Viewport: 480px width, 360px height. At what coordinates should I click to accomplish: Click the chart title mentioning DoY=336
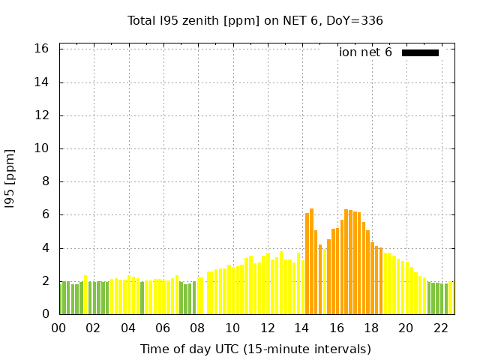point(255,20)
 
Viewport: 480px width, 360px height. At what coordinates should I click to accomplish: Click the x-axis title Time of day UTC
point(255,349)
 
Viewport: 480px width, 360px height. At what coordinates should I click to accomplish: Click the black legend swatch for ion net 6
point(420,52)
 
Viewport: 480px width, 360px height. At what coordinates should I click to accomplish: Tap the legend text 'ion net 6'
point(365,52)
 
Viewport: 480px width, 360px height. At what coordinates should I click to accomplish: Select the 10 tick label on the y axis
point(42,148)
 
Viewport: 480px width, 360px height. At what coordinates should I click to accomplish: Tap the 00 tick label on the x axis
point(59,328)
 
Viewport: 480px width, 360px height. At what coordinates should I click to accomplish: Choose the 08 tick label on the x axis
point(198,328)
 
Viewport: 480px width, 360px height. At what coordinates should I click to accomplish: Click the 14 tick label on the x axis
point(301,328)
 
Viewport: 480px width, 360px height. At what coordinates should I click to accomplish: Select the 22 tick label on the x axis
point(440,328)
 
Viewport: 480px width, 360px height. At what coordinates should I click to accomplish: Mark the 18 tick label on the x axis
point(371,328)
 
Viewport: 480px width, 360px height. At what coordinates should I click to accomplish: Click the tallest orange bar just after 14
point(311,262)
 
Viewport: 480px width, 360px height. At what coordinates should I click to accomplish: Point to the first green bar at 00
point(61,298)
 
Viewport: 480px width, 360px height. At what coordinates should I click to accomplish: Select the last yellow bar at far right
point(451,298)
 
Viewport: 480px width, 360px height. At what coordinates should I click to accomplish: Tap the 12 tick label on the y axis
point(42,115)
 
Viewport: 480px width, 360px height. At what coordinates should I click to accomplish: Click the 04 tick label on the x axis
point(128,328)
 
